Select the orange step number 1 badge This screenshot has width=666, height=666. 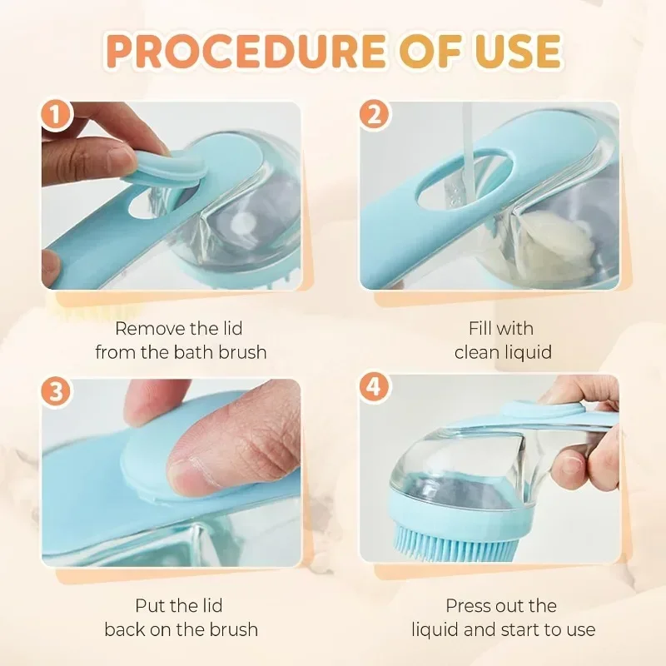click(57, 117)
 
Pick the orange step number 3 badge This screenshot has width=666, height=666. click(57, 392)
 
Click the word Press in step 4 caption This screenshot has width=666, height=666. click(469, 605)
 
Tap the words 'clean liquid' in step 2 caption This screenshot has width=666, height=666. click(503, 352)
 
